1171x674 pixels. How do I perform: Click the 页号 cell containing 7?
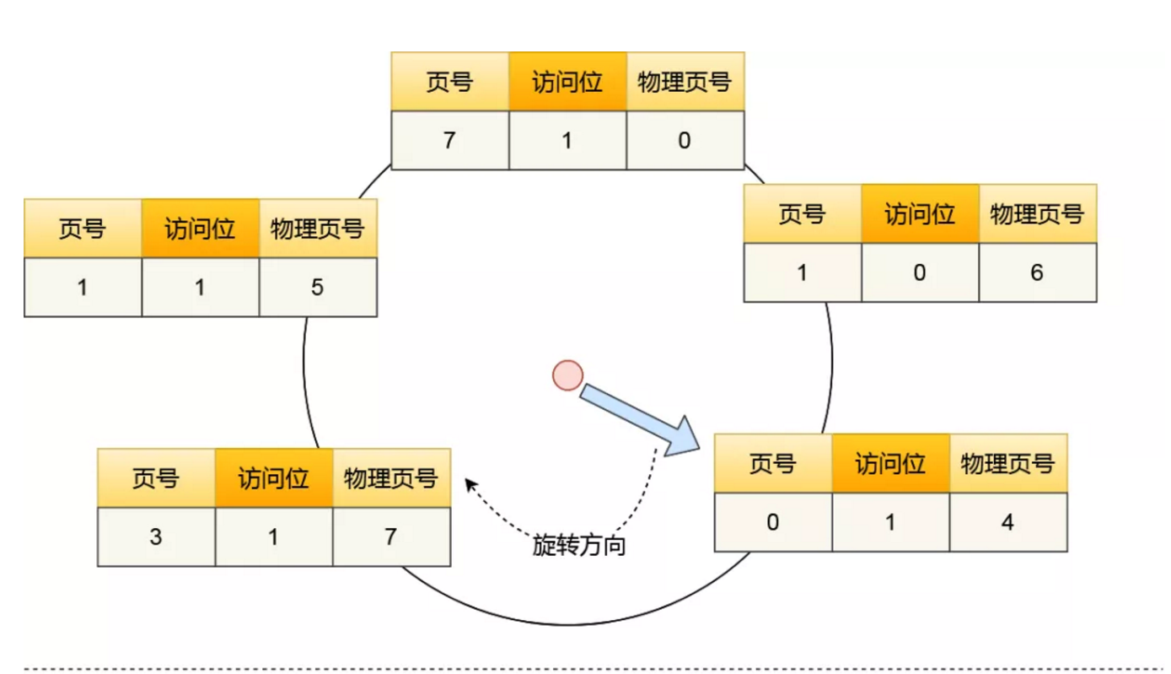tap(449, 140)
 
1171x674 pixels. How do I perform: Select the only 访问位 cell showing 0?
tap(920, 272)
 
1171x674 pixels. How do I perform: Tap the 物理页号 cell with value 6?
tap(1037, 272)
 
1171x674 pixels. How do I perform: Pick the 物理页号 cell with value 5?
tap(317, 288)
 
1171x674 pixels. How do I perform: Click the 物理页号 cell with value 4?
tap(1007, 522)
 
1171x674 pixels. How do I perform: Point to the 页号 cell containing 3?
tap(156, 537)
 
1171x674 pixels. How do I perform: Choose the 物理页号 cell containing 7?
tap(390, 537)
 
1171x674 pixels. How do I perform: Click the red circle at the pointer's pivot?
tap(567, 375)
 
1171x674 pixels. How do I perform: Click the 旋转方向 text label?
tap(579, 546)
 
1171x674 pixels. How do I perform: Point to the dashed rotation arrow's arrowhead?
tap(469, 483)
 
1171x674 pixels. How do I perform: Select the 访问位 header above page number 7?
tap(567, 82)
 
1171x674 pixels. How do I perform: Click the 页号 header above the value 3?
tap(156, 478)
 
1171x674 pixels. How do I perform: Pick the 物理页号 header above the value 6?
tap(1037, 214)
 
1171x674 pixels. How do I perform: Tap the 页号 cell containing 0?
tap(773, 522)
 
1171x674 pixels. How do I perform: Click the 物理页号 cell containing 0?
tap(684, 140)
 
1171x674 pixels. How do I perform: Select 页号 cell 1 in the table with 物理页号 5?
tap(83, 288)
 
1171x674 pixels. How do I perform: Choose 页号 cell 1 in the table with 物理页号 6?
tap(802, 272)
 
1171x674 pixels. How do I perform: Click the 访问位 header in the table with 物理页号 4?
tap(890, 463)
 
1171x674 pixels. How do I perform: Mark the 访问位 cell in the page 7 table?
tap(567, 140)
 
